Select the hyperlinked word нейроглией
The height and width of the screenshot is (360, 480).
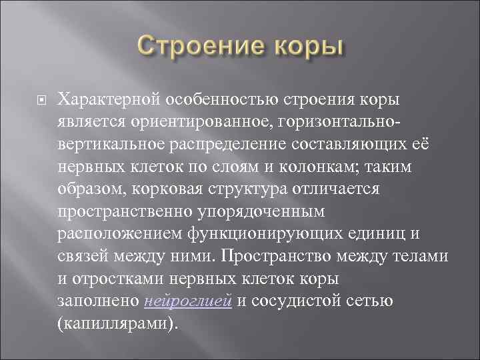point(188,301)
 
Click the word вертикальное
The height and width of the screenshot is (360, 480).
point(107,144)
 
